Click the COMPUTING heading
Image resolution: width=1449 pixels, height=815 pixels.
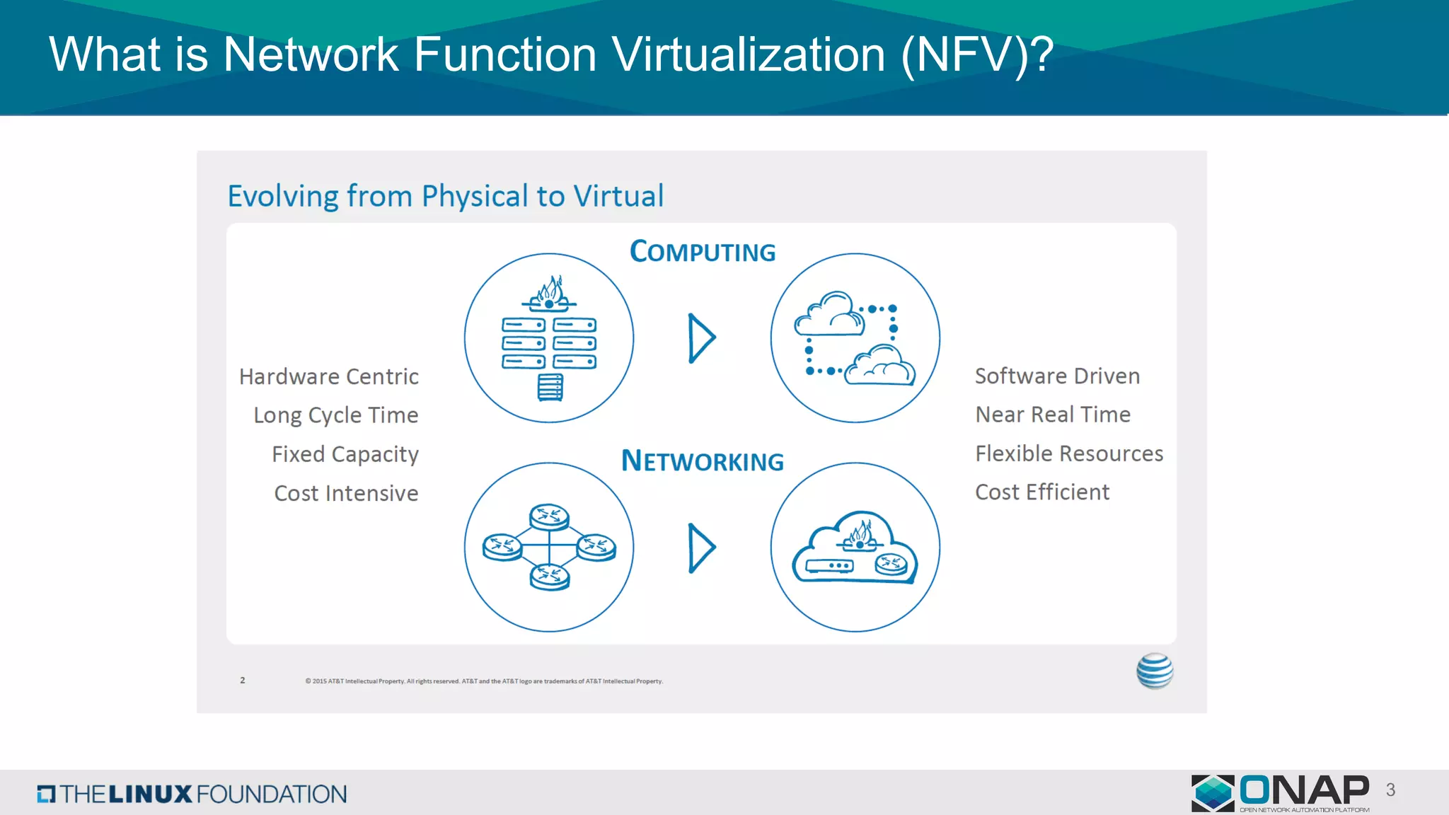click(703, 252)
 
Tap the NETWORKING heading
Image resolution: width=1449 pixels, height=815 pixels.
click(703, 461)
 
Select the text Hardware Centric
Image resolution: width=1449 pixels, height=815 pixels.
click(329, 376)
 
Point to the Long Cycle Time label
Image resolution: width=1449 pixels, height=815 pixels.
click(336, 415)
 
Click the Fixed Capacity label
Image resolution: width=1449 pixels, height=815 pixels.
click(345, 454)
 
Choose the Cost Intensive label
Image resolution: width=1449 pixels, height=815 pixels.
click(346, 493)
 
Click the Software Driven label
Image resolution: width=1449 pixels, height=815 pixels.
click(1057, 376)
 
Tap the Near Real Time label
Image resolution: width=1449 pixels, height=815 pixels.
click(1053, 415)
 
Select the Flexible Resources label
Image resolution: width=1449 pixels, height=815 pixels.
click(1069, 453)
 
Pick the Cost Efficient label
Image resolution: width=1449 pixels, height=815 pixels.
click(1042, 492)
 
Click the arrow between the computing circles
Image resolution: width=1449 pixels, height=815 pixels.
click(701, 338)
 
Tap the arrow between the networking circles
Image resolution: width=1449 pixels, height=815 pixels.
click(701, 548)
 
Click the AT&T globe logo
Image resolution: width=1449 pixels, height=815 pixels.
click(1155, 671)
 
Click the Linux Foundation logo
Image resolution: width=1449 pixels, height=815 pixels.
click(192, 794)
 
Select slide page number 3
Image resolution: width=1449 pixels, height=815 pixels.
click(1390, 790)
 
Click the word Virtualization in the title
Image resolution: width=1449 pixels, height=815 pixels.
click(749, 54)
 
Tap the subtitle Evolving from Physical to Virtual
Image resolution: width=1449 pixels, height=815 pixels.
click(446, 196)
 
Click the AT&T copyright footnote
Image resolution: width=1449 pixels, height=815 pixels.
click(484, 681)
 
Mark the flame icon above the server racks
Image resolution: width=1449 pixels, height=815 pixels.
click(550, 289)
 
